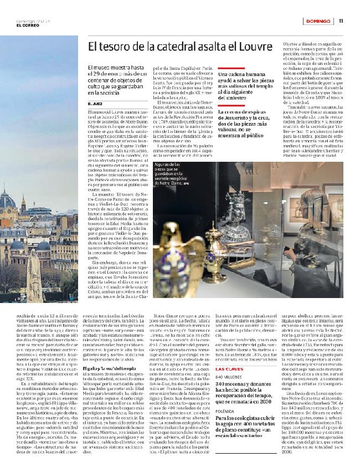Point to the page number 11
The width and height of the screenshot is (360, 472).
(x=342, y=21)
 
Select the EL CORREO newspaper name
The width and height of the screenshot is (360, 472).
(x=27, y=25)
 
